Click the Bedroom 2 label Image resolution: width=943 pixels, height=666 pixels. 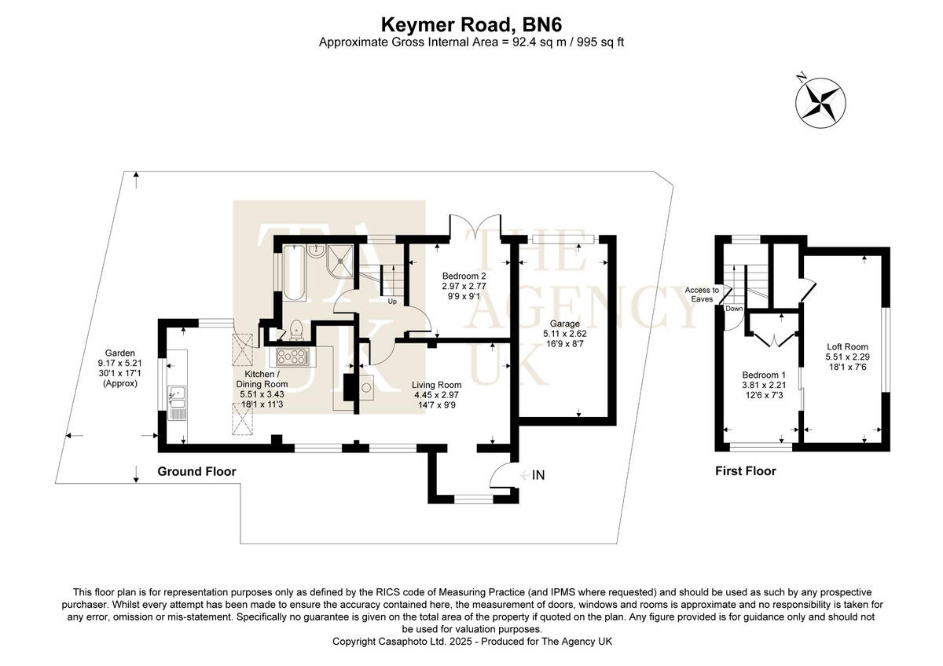464,276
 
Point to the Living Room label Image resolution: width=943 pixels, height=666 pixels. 437,384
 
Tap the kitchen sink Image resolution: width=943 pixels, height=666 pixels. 176,397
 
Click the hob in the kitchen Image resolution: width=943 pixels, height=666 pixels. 291,358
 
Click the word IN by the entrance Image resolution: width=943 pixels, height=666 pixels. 538,475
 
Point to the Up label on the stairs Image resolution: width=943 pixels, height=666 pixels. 391,301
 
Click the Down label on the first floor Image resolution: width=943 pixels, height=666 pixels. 734,309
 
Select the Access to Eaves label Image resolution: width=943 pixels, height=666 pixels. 702,295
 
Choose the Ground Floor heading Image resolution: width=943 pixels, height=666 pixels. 196,471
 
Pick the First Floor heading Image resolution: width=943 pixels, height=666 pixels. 745,471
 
